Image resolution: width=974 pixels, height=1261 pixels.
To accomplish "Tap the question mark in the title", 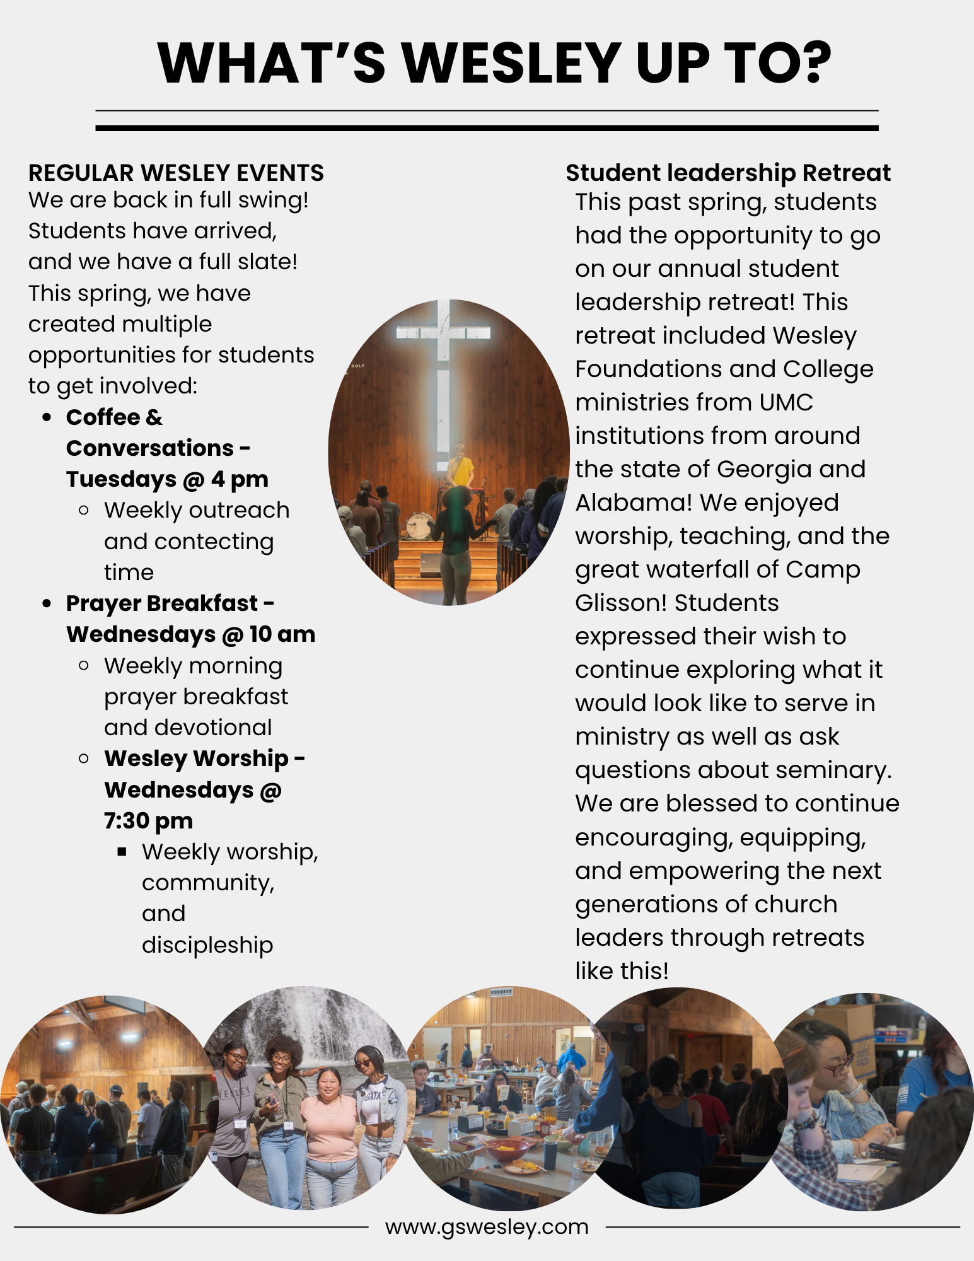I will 809,63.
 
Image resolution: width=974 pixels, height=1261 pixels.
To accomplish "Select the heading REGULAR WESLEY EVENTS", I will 176,173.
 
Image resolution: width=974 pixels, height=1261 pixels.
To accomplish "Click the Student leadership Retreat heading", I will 728,173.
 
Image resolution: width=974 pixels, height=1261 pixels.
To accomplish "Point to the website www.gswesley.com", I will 487,1227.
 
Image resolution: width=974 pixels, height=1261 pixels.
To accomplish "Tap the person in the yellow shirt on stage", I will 461,467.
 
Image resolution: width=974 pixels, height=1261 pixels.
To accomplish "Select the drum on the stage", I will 419,525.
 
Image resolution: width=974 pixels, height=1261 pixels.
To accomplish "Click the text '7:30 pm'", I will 148,821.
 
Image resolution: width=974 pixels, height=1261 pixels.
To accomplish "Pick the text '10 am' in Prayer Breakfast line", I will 282,634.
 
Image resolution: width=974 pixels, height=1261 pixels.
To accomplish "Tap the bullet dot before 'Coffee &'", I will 47,417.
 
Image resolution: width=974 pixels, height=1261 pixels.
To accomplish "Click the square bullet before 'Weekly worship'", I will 122,852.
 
